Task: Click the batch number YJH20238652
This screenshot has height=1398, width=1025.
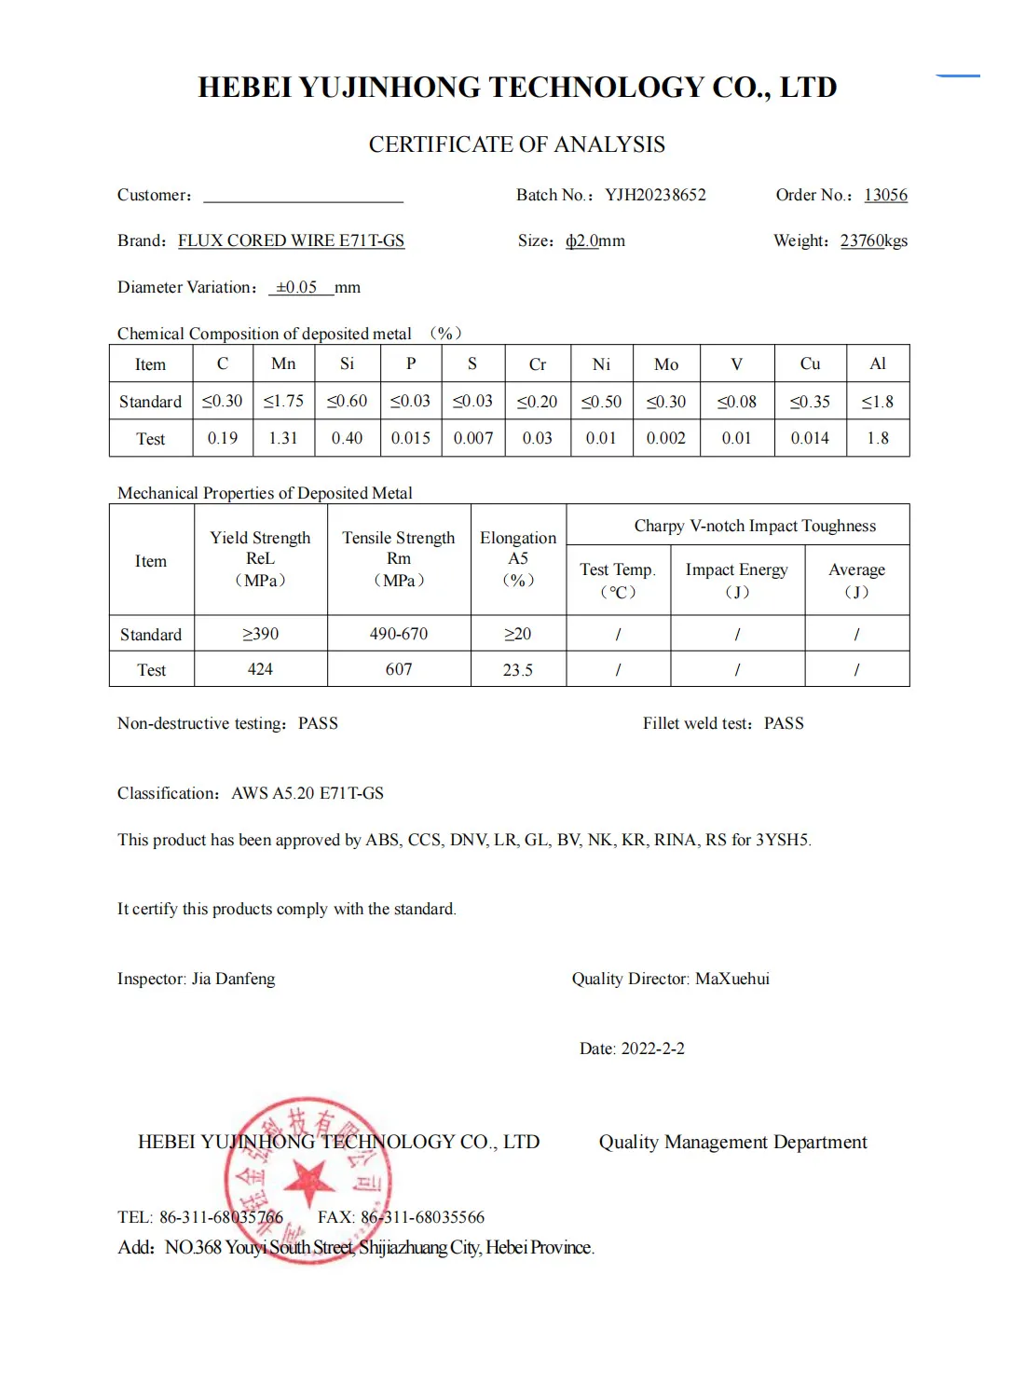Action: pos(655,195)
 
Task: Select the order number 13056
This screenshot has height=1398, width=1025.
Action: pos(885,195)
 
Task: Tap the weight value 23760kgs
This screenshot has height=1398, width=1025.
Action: pos(873,240)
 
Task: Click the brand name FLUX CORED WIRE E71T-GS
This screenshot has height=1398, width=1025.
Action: pos(291,240)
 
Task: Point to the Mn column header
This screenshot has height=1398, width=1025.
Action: pos(283,363)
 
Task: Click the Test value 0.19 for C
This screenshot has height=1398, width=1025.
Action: pos(223,438)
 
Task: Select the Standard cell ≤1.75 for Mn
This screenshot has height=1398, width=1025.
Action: pos(283,401)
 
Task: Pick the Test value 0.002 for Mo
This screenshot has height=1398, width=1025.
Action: pos(665,438)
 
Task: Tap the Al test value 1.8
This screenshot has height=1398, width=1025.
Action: pos(878,438)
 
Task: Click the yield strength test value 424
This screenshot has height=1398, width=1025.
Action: pos(260,669)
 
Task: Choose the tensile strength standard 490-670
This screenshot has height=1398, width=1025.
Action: pos(399,634)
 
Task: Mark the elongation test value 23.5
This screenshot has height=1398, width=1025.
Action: pos(518,670)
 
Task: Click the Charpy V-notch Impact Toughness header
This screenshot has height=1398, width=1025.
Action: pos(755,526)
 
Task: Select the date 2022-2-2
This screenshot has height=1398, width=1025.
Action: pos(652,1048)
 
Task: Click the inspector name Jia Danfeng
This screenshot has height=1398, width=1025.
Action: pos(233,979)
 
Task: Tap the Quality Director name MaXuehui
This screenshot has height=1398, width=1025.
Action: pos(732,979)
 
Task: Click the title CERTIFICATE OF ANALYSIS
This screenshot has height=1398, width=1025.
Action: pos(516,144)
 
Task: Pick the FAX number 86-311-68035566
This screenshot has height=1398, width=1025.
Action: pos(422,1217)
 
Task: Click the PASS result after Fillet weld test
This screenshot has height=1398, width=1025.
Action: pos(784,723)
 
